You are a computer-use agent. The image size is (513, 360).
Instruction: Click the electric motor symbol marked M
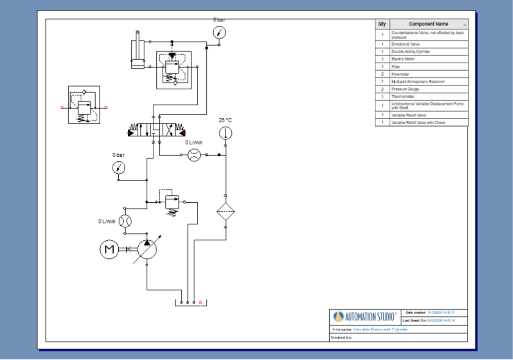coord(109,249)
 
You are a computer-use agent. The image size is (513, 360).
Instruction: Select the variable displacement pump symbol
coord(147,249)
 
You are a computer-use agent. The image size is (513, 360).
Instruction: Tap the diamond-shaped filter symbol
coord(225,212)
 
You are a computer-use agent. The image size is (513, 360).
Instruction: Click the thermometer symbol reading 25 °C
coord(225,133)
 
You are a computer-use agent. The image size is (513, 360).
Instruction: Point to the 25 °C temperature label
coord(225,120)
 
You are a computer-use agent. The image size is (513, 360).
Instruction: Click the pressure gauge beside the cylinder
coord(219,33)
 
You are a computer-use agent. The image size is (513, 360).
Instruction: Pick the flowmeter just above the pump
coord(125,221)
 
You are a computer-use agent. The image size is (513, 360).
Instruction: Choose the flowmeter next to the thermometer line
coord(194,155)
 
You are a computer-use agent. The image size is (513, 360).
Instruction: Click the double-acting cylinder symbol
coord(137,50)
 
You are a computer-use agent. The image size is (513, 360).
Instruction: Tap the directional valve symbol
coord(157,132)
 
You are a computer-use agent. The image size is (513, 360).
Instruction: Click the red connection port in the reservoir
coord(200,302)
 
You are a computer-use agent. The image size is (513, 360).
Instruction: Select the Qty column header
coord(382,24)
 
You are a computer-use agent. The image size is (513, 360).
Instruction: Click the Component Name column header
coord(428,24)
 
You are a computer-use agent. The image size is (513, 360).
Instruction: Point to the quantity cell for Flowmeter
coord(382,74)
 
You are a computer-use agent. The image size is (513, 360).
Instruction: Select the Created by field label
coord(342,337)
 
